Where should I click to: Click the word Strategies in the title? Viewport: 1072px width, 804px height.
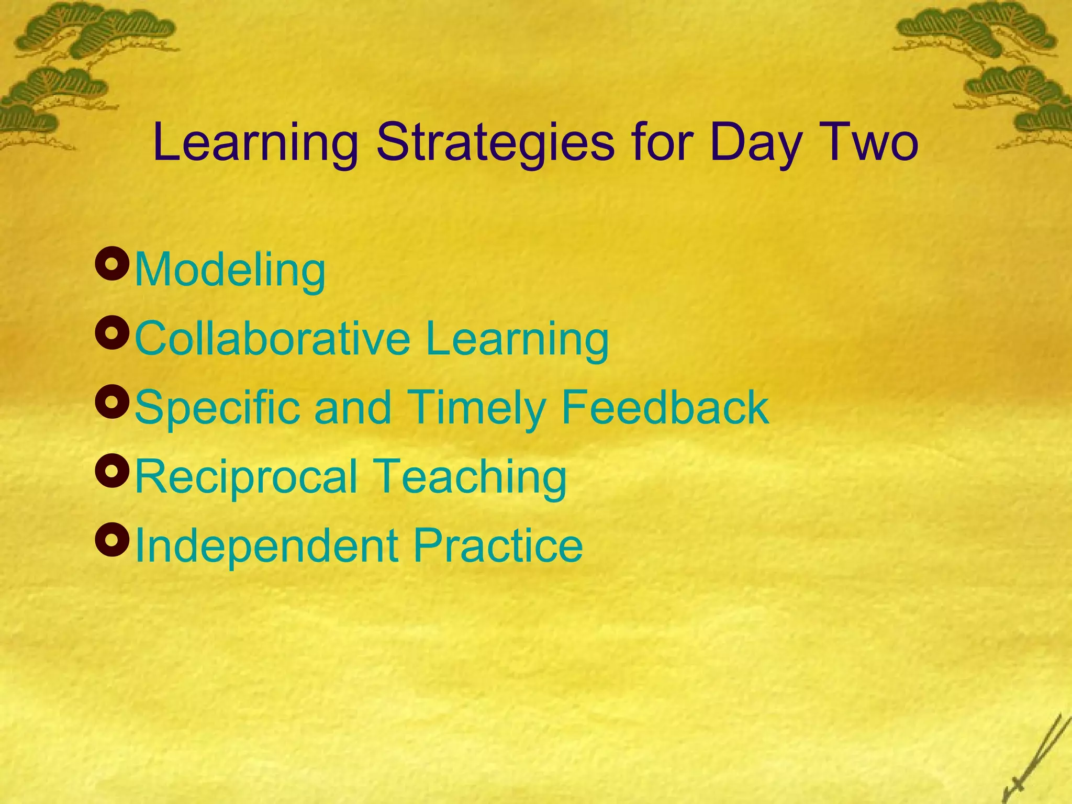(495, 142)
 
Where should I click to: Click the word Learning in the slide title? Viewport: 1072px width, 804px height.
(255, 142)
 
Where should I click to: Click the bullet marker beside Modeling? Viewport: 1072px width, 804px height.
(112, 265)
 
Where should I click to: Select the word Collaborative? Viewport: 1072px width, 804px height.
(273, 339)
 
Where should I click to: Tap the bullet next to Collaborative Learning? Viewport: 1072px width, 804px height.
(112, 333)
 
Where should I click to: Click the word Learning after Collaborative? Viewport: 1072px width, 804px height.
(517, 339)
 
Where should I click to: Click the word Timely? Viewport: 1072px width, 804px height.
(476, 408)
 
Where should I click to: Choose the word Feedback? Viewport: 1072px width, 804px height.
(665, 408)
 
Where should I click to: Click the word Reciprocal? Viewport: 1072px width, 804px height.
(246, 476)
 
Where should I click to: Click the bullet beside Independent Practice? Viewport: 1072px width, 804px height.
(112, 540)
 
